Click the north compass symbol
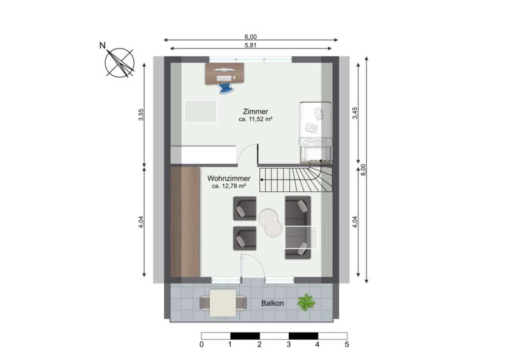(119, 62)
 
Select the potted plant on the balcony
(306, 302)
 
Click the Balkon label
(273, 303)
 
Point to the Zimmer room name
(256, 112)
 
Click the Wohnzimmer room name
(229, 178)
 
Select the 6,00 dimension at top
(251, 38)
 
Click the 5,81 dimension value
(251, 45)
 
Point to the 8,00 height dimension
(363, 169)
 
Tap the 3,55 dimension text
(141, 115)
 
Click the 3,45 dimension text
(355, 113)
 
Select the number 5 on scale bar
(347, 345)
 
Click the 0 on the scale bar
(201, 345)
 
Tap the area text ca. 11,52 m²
(256, 119)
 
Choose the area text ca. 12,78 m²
(229, 186)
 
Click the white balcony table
(222, 303)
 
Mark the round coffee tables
(270, 222)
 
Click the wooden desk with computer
(224, 73)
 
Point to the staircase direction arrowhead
(261, 179)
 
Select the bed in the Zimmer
(316, 132)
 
